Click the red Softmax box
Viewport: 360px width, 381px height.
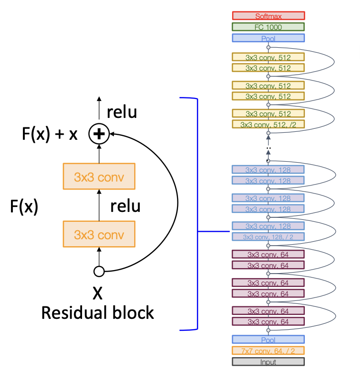pos(268,16)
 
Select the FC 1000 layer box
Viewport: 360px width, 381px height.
pos(268,27)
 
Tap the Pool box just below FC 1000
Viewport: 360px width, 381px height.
pos(268,38)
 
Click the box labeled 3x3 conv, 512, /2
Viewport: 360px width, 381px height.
pos(268,124)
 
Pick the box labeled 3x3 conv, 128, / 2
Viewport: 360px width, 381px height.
pos(268,237)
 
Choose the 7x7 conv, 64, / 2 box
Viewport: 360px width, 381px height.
pos(268,351)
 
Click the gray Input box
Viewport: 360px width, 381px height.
pos(268,362)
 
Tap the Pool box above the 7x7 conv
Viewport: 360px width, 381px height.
pos(268,340)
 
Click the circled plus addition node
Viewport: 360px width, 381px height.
pos(98,134)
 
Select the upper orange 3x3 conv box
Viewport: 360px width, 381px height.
pos(99,176)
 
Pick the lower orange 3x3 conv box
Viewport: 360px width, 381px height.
pos(99,234)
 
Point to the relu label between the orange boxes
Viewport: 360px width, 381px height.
pos(125,205)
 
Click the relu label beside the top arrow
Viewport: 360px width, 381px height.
pos(121,112)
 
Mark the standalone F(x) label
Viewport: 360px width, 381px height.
pos(24,206)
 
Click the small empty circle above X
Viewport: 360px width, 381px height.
pos(99,272)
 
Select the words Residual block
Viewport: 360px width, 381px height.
pos(97,313)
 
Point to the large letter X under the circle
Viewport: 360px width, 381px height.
pos(98,293)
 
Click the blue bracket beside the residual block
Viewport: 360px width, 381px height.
pos(197,214)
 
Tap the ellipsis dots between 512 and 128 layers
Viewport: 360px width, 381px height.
pos(268,147)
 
